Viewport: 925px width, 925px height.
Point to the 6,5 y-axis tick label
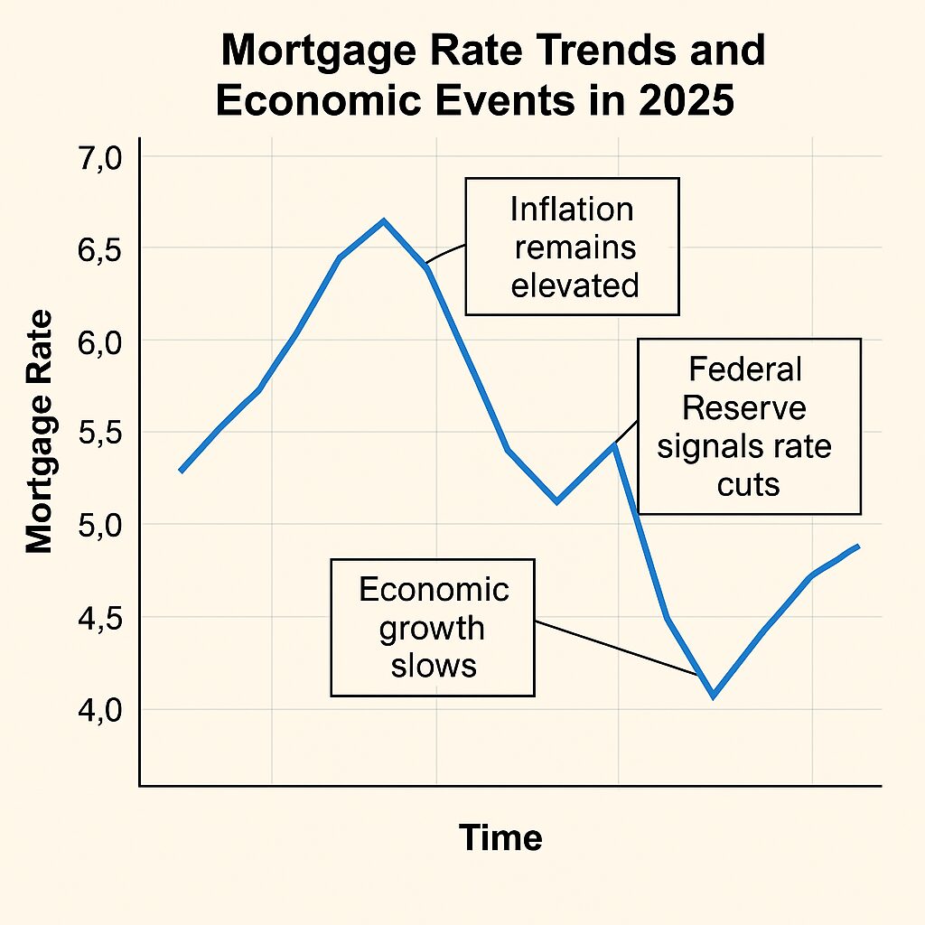click(101, 250)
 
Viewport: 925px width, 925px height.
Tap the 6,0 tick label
click(101, 342)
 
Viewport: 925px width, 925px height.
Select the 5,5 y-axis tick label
click(101, 434)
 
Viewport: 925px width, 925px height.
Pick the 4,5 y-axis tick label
click(101, 619)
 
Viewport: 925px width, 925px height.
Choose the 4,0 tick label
click(101, 711)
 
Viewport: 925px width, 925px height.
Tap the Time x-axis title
click(500, 838)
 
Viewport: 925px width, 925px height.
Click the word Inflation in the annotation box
click(572, 210)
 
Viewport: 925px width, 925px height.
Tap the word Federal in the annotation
click(744, 369)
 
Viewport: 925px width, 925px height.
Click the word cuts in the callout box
click(748, 485)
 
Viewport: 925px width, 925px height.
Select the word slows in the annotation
click(433, 667)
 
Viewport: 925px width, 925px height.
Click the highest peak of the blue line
click(383, 220)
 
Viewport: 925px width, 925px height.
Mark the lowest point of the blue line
click(713, 696)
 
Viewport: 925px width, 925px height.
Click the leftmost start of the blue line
click(181, 471)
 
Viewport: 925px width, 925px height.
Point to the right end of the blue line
click(857, 546)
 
